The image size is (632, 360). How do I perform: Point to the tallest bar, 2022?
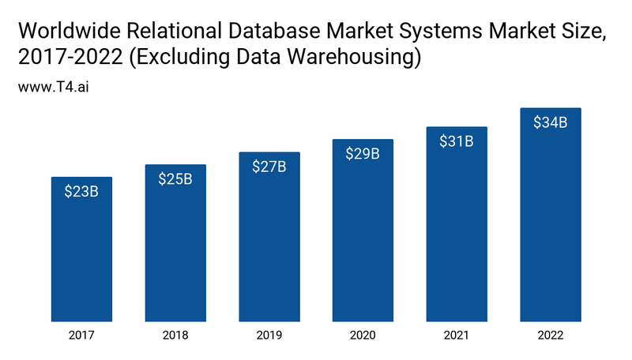click(x=551, y=218)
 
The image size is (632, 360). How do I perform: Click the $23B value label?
click(x=81, y=191)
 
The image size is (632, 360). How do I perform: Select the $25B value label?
click(x=175, y=178)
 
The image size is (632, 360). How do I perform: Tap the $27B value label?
click(x=269, y=167)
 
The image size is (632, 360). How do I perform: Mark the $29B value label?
click(x=363, y=154)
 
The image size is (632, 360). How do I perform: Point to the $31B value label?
click(x=457, y=141)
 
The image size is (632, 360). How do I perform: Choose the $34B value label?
click(x=551, y=122)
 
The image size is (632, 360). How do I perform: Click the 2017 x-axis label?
click(x=81, y=336)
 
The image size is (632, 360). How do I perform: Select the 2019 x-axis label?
click(x=269, y=336)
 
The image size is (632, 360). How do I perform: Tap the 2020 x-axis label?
click(x=363, y=336)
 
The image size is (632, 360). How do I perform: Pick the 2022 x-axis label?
click(x=551, y=336)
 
